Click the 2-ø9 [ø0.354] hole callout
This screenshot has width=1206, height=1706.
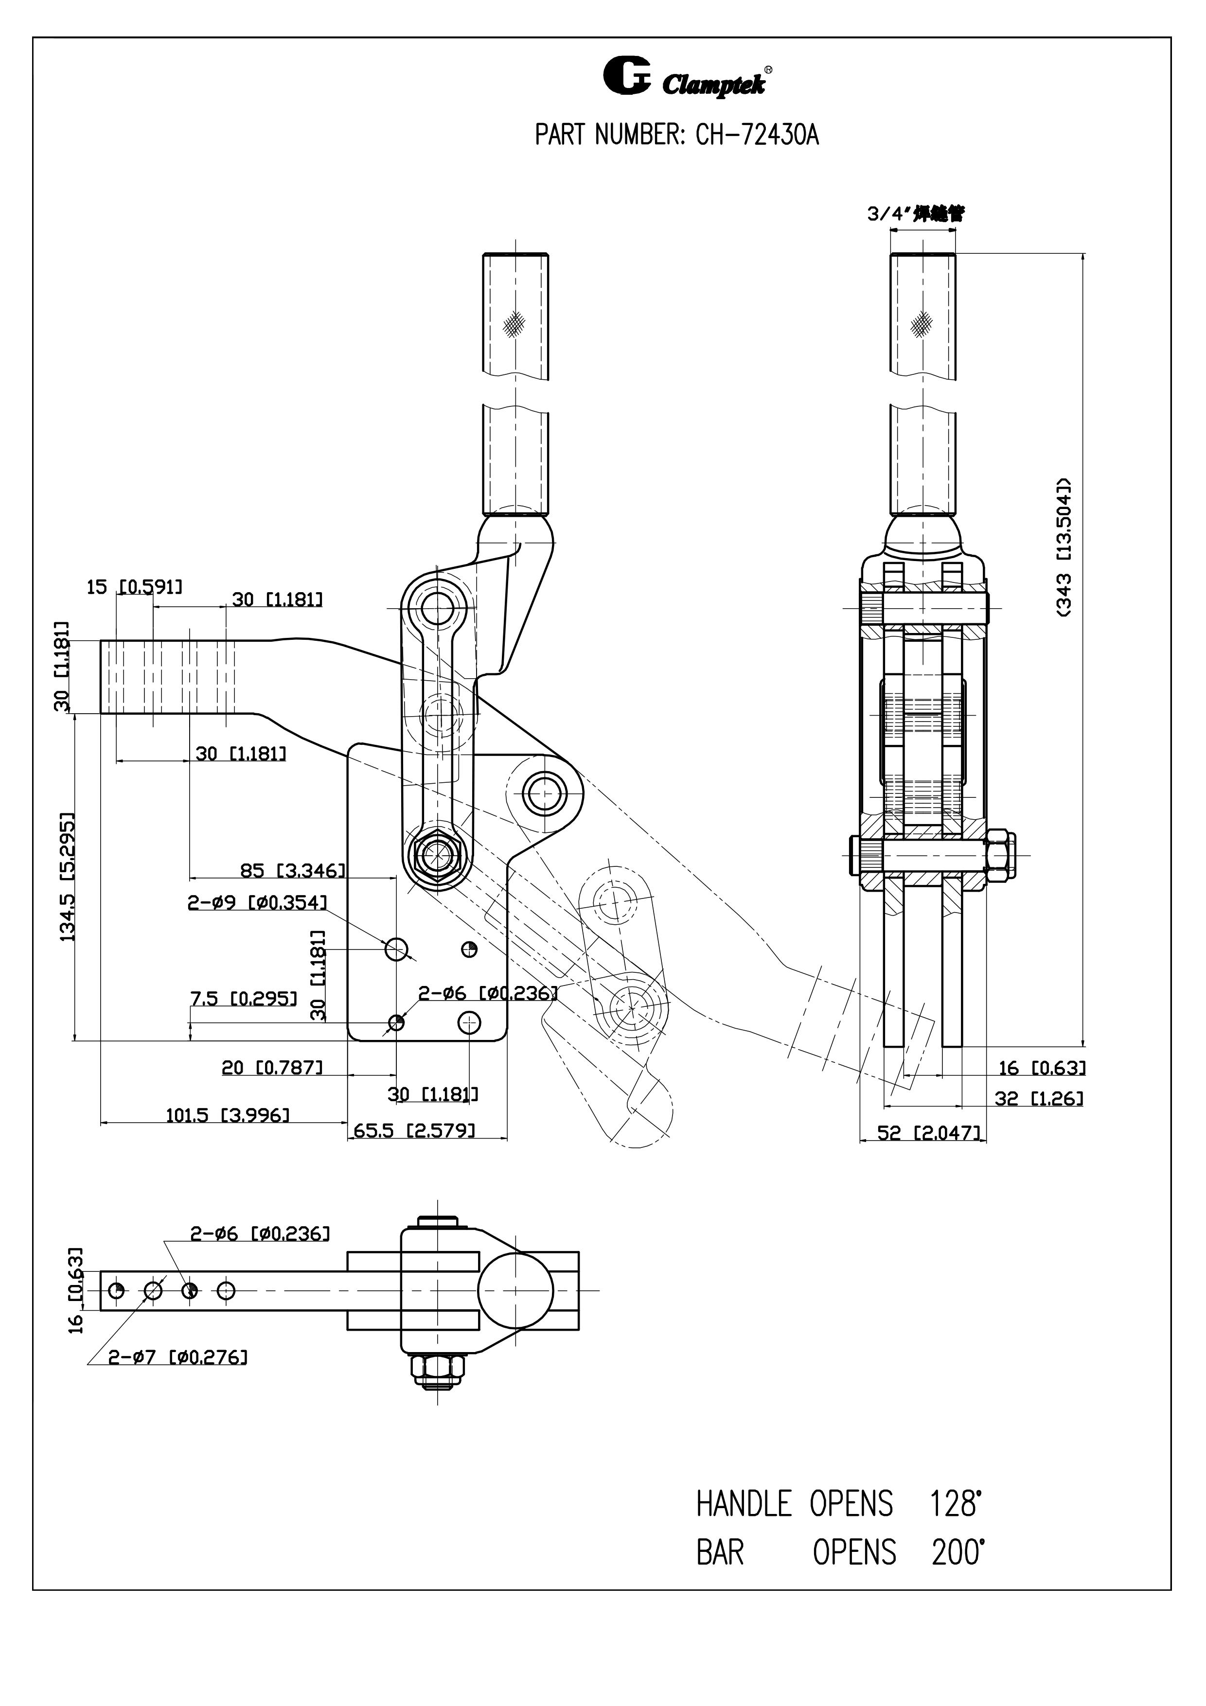(x=256, y=903)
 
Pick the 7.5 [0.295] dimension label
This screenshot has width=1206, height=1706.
(x=244, y=999)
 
